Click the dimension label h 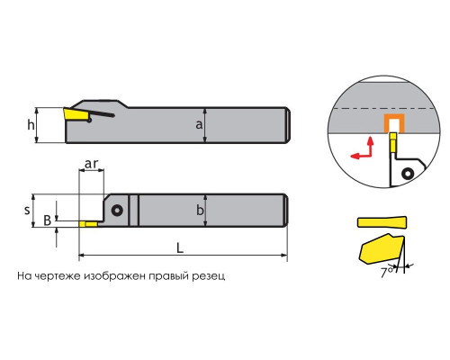31,125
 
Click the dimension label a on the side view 199,124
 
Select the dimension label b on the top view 200,210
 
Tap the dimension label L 180,247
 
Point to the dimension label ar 91,164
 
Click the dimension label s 27,210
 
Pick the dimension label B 48,220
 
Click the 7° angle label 387,272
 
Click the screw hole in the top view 117,210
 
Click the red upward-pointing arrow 371,147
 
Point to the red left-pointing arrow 361,156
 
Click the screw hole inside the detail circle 408,173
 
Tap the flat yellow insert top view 382,221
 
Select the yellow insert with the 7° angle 381,249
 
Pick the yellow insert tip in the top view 88,224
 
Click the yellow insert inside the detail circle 393,143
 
